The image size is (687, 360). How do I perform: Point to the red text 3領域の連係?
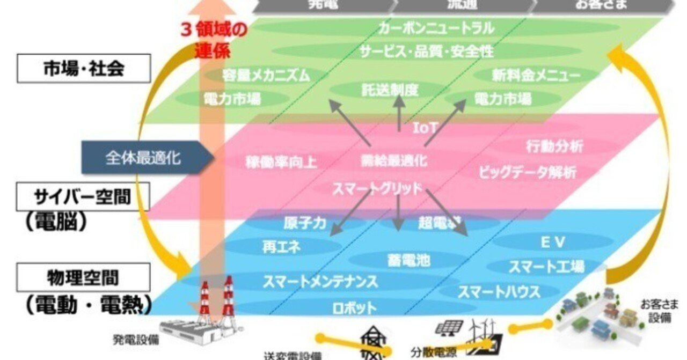(214, 40)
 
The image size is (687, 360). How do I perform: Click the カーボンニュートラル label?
(436, 27)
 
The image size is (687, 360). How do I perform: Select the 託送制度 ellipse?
(389, 90)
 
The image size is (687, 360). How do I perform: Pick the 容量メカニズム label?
(266, 76)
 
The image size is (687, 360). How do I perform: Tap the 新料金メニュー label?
(536, 76)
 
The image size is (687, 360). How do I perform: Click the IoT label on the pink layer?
(426, 128)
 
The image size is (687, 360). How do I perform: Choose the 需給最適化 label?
(394, 160)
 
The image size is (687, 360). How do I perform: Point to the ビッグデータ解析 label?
(528, 172)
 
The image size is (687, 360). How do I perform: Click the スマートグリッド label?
(377, 188)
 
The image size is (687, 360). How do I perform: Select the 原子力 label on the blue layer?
(304, 223)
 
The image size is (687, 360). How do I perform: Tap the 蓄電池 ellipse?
(408, 260)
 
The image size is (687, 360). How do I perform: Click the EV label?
(553, 243)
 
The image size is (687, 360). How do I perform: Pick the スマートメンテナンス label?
(320, 281)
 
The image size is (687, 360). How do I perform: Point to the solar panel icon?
(450, 327)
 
